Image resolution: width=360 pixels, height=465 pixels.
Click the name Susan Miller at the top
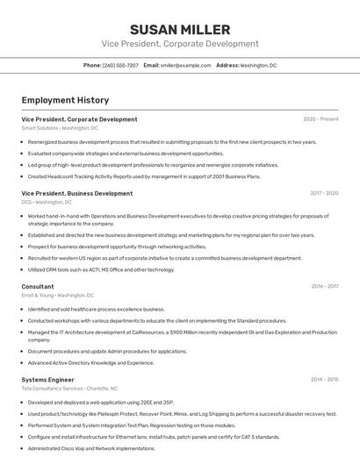(x=179, y=29)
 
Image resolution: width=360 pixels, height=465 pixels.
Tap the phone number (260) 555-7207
(x=120, y=65)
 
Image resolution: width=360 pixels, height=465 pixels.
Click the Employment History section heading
(x=65, y=100)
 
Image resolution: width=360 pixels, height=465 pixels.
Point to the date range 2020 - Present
(x=320, y=119)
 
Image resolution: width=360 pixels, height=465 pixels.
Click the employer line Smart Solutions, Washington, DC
(x=59, y=128)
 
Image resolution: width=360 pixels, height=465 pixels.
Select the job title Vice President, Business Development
(x=77, y=193)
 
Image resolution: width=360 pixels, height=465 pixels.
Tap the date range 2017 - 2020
(x=324, y=193)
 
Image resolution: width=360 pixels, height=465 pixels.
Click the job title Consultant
(x=38, y=286)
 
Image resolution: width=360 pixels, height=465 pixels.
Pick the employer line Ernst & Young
(x=58, y=295)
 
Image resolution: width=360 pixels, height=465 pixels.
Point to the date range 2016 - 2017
(x=324, y=286)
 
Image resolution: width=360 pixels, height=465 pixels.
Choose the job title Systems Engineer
(x=49, y=379)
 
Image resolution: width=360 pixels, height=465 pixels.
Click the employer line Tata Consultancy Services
(x=69, y=388)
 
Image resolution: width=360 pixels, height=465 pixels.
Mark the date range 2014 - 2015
(x=324, y=379)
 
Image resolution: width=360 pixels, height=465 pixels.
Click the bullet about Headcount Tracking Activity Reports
(x=144, y=175)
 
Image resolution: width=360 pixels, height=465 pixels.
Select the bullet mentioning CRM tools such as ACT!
(x=101, y=269)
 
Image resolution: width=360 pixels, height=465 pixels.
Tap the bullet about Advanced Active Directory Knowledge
(x=90, y=362)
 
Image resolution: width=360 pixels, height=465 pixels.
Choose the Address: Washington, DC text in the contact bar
(x=246, y=65)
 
